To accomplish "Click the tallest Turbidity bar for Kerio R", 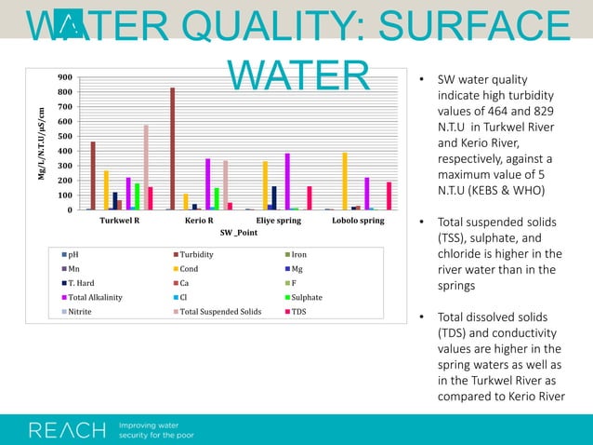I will [x=173, y=149].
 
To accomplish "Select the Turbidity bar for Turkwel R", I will [x=93, y=176].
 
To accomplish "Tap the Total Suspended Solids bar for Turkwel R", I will [x=146, y=168].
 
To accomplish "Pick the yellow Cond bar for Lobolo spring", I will [x=345, y=182].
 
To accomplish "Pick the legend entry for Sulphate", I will [x=308, y=297].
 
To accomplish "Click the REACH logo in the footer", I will [x=66, y=429].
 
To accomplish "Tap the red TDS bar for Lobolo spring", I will [x=389, y=196].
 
